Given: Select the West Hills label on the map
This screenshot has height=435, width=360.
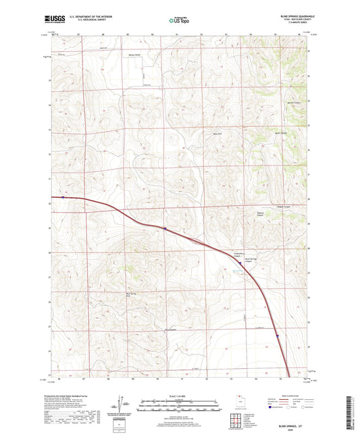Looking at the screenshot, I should coord(199,133).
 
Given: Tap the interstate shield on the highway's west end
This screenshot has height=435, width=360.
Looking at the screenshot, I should coord(62,197).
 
